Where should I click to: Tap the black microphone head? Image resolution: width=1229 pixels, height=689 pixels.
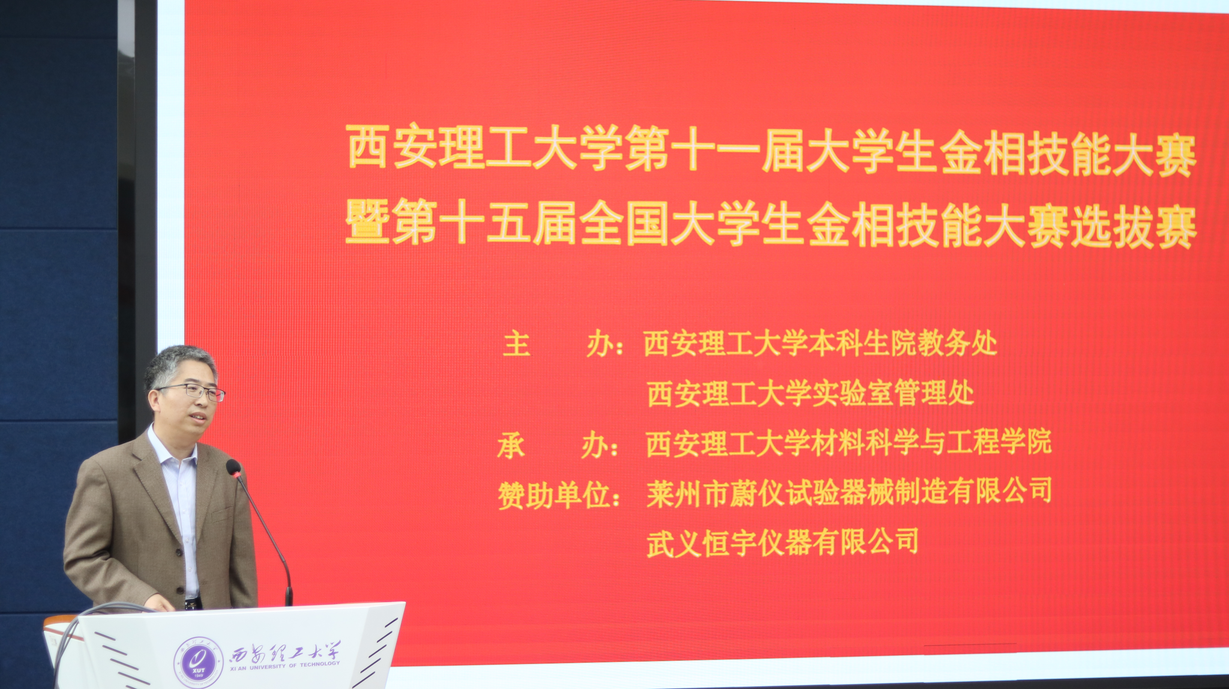(233, 468)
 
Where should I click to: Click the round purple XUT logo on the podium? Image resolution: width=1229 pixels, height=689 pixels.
(199, 663)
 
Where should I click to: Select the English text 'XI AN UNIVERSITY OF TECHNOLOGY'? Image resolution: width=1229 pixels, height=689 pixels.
(284, 666)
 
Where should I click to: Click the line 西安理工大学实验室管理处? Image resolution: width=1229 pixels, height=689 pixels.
(810, 393)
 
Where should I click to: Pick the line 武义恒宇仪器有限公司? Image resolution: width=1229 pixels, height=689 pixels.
(783, 543)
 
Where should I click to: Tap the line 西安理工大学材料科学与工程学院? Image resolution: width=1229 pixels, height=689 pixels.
(849, 443)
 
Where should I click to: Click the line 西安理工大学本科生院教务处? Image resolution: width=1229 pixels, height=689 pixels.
(820, 344)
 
